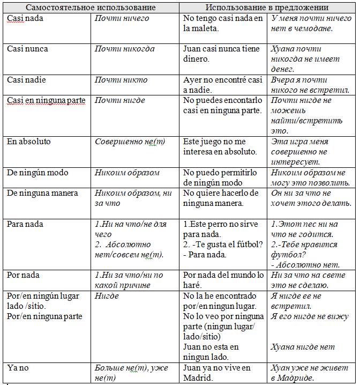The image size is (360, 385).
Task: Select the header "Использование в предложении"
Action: [267, 8]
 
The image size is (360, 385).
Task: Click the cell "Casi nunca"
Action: [27, 49]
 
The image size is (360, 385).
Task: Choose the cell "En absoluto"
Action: [29, 142]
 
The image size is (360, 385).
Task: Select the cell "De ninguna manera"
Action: [42, 193]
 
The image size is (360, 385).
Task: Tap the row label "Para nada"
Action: [25, 224]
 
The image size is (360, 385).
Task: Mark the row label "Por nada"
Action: [24, 275]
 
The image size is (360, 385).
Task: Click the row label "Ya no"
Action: [18, 367]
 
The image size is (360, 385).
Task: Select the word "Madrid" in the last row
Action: [198, 377]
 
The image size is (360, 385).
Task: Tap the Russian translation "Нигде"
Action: [107, 296]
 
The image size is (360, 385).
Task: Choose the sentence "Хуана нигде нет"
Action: [303, 347]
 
